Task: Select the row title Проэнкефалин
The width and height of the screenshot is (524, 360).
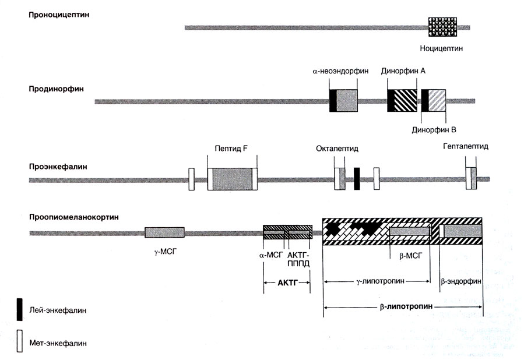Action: coord(58,167)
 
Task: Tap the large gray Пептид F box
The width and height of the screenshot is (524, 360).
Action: coord(231,178)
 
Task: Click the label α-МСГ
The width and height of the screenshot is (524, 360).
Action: coord(273,255)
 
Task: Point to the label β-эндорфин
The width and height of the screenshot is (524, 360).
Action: coord(460,281)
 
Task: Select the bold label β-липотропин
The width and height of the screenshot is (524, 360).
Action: coord(404,305)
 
